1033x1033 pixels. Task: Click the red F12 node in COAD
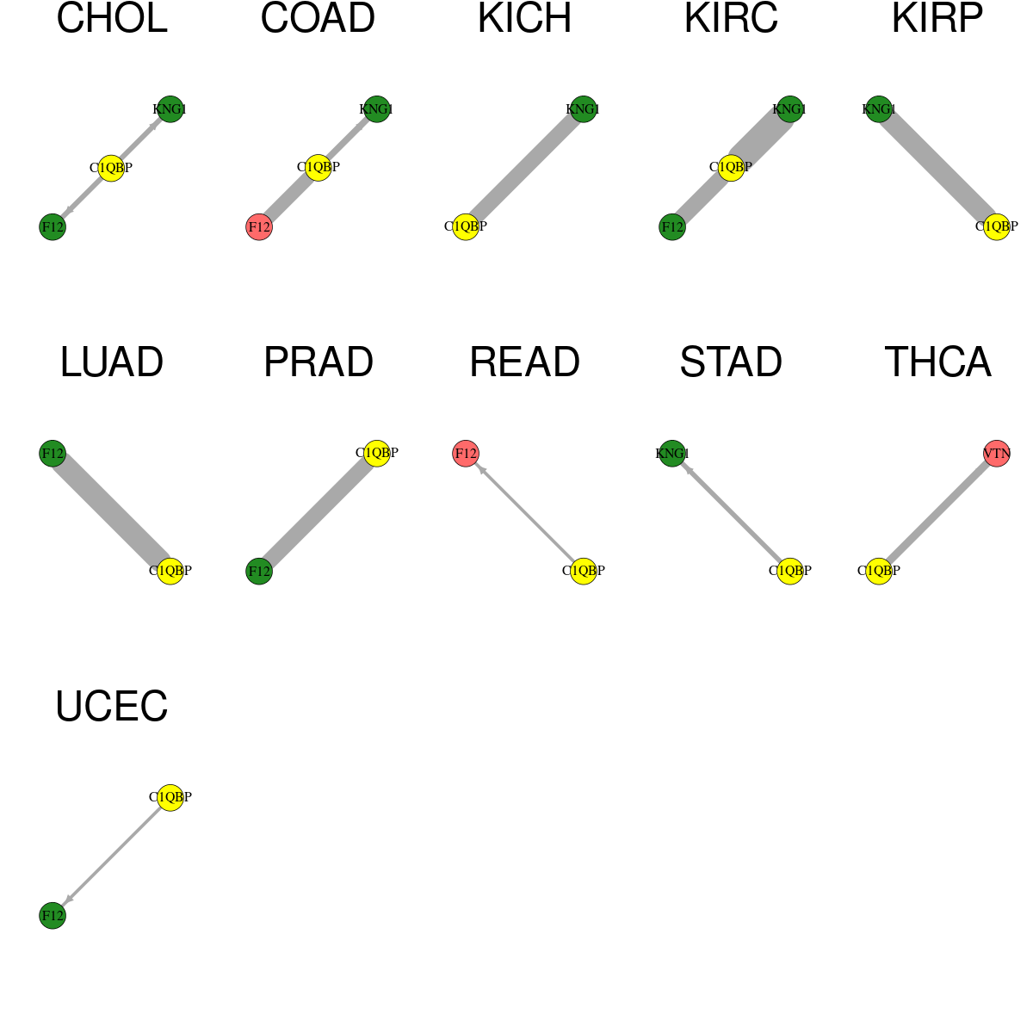tap(259, 226)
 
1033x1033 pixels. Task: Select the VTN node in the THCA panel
tap(997, 454)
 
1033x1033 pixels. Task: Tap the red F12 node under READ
tap(466, 454)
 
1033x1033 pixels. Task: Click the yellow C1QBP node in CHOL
tap(112, 168)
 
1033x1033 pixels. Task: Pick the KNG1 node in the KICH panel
tap(584, 109)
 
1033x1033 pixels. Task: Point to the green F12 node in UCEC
tap(53, 916)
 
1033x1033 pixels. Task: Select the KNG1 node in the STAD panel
tap(671, 454)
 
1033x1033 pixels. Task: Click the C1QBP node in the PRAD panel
tap(377, 453)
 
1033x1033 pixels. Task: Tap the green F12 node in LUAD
tap(53, 454)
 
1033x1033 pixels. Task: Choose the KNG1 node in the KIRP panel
tap(879, 109)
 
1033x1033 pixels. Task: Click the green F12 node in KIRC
tap(671, 226)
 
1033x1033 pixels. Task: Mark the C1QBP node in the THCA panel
tap(879, 571)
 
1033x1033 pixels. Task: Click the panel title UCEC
tap(112, 706)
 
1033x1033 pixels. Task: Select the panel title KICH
tap(524, 18)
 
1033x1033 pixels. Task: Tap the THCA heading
tap(937, 362)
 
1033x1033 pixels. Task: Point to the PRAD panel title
tap(318, 362)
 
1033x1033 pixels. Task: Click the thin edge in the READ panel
tap(524, 512)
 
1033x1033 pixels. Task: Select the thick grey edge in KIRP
tap(937, 168)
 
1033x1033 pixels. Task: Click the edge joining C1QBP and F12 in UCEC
tap(112, 856)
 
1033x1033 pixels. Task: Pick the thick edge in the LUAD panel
tap(112, 512)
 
